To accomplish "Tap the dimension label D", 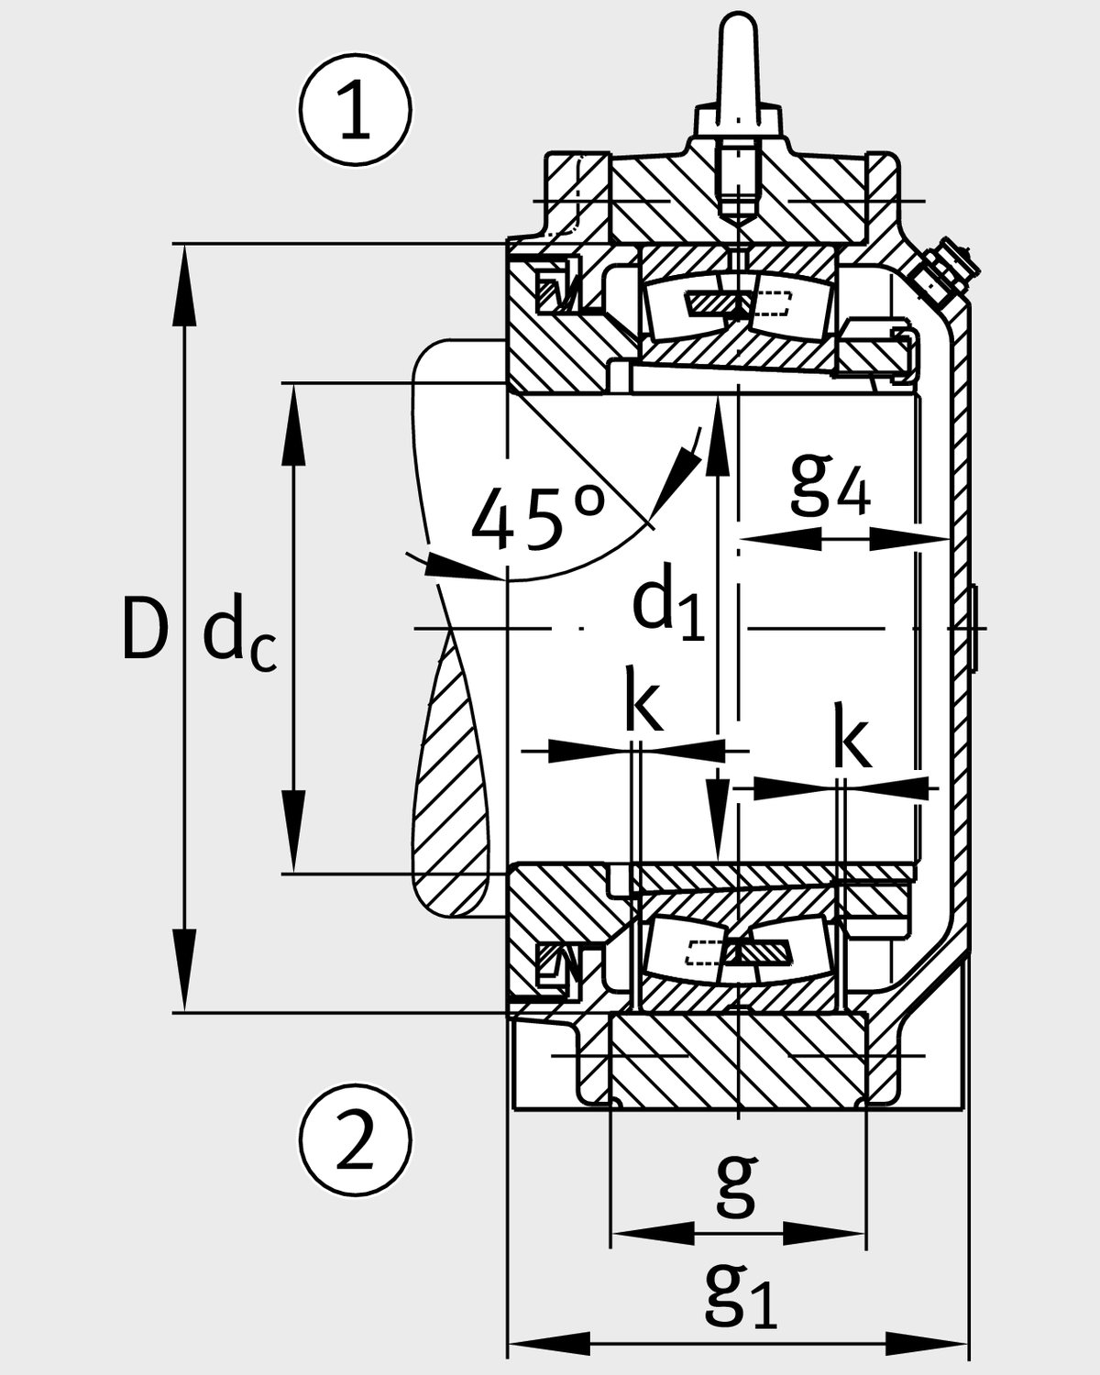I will click(x=145, y=629).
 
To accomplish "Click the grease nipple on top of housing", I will click(x=739, y=64).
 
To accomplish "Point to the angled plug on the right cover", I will click(x=944, y=270).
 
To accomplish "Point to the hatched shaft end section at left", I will click(x=454, y=779).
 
